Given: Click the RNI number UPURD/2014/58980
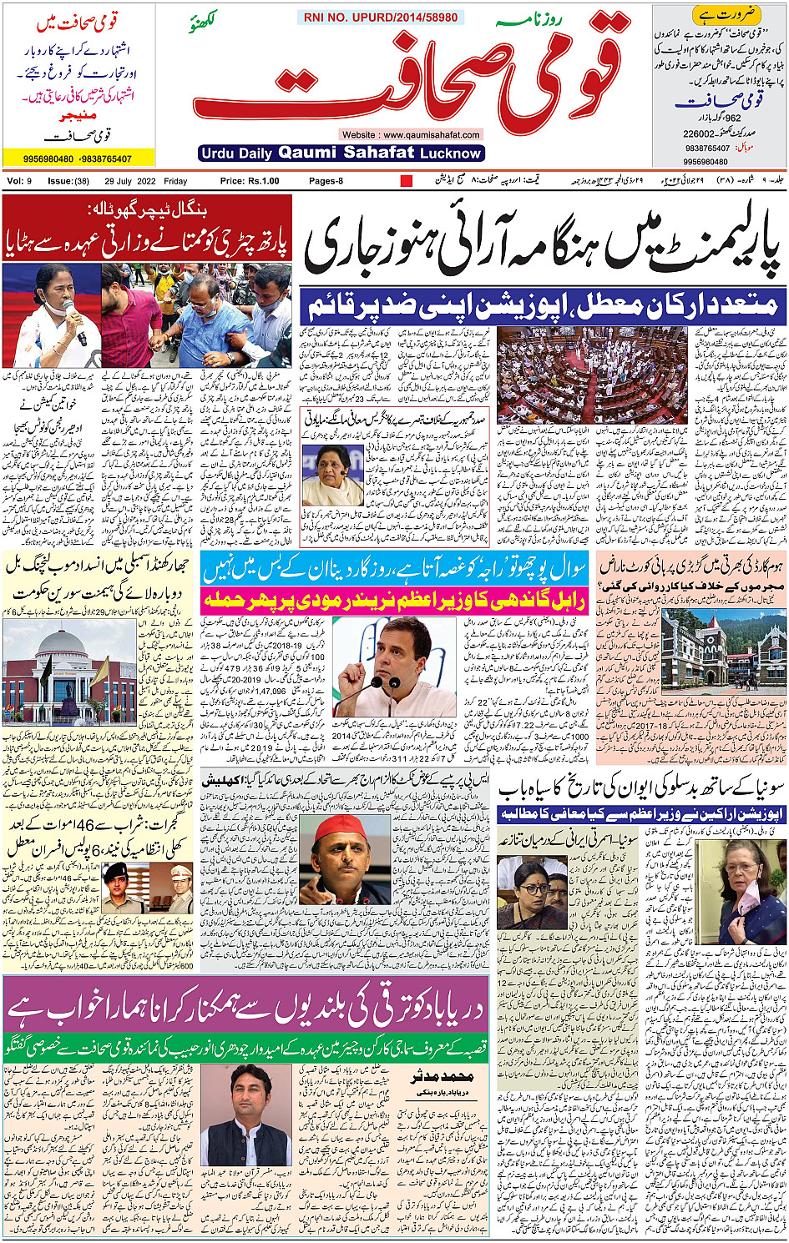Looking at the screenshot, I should coord(380,17).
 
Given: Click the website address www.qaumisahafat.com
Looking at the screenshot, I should coord(411,134).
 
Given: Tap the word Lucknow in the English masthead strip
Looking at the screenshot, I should coord(451,153).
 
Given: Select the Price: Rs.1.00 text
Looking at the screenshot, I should coord(249,181).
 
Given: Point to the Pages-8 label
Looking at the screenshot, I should coord(326,181).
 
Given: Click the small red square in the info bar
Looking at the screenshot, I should coord(407,181).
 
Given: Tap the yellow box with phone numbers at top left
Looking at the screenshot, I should coord(78,158).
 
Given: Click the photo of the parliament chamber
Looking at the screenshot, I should coord(591,375).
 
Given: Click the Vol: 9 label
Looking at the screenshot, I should coord(19,181).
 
